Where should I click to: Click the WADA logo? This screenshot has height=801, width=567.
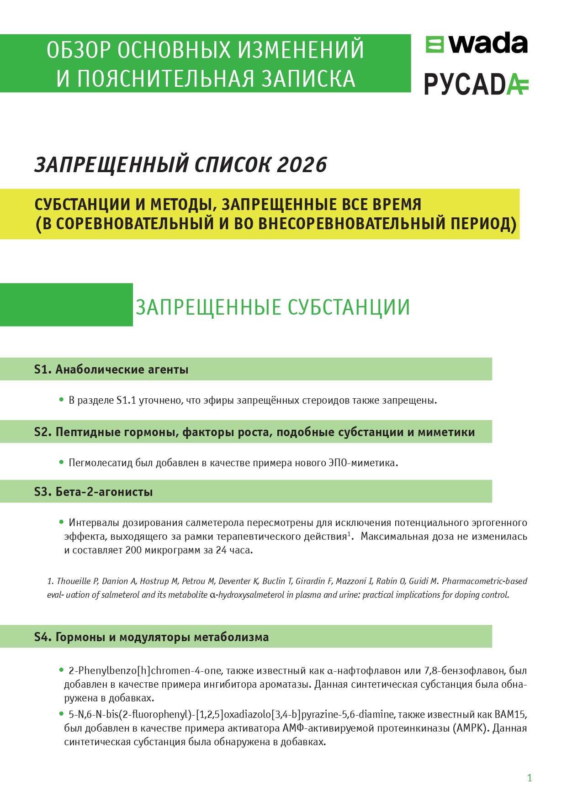(477, 44)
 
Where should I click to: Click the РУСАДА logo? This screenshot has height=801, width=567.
(476, 84)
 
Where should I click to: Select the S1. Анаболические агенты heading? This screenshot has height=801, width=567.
(111, 369)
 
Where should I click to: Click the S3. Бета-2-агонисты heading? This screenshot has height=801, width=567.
(93, 492)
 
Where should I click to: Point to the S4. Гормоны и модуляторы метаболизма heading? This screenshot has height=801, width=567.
(151, 637)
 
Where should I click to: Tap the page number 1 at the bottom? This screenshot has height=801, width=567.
(530, 778)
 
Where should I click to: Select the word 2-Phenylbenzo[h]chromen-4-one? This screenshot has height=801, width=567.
(145, 671)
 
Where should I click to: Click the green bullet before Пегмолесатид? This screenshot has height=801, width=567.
(61, 462)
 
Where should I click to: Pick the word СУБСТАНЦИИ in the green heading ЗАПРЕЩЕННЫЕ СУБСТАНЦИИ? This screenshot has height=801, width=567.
(349, 307)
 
